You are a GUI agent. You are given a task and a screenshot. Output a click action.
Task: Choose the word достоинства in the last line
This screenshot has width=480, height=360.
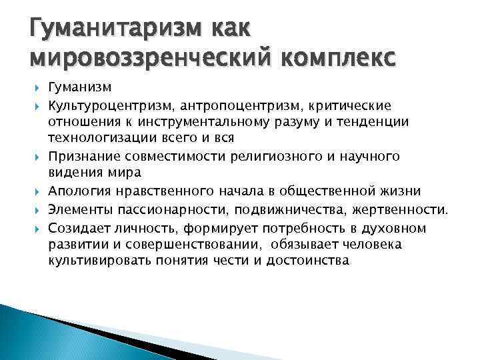[307, 261]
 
